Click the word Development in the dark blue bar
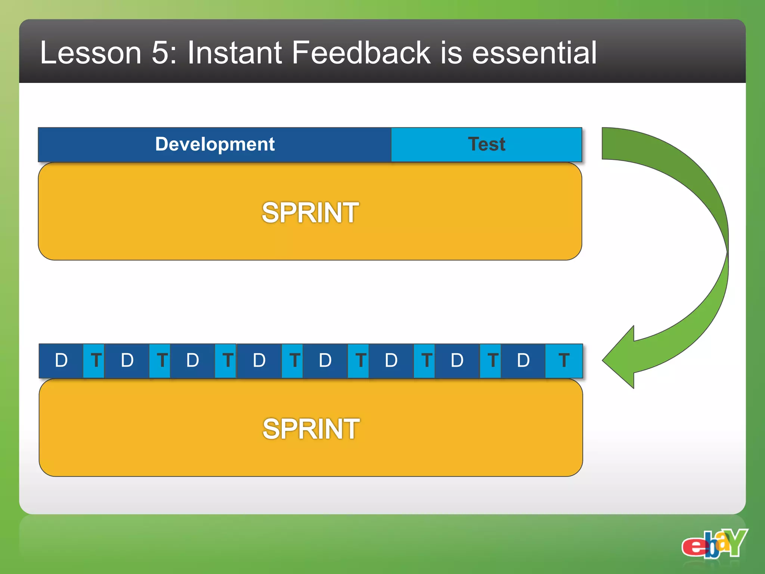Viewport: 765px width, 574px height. (x=215, y=144)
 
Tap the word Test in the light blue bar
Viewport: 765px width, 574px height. (x=486, y=144)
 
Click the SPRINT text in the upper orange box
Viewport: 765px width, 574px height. (x=310, y=213)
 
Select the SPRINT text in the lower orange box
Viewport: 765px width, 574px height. (x=311, y=429)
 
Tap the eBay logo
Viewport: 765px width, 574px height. (x=714, y=544)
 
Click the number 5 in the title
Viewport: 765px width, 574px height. (x=161, y=53)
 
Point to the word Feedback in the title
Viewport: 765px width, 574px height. (x=361, y=53)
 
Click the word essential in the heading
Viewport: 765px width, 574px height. (x=534, y=53)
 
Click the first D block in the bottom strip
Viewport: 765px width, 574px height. (x=61, y=361)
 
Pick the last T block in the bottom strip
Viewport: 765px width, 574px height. (x=564, y=361)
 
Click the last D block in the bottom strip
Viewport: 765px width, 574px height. (x=523, y=361)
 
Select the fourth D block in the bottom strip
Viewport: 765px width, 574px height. (x=259, y=361)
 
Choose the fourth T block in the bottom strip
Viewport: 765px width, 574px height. (x=294, y=361)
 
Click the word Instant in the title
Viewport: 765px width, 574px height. (x=234, y=53)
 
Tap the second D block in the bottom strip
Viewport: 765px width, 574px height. (x=127, y=361)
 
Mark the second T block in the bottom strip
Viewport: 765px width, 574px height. (x=161, y=361)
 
